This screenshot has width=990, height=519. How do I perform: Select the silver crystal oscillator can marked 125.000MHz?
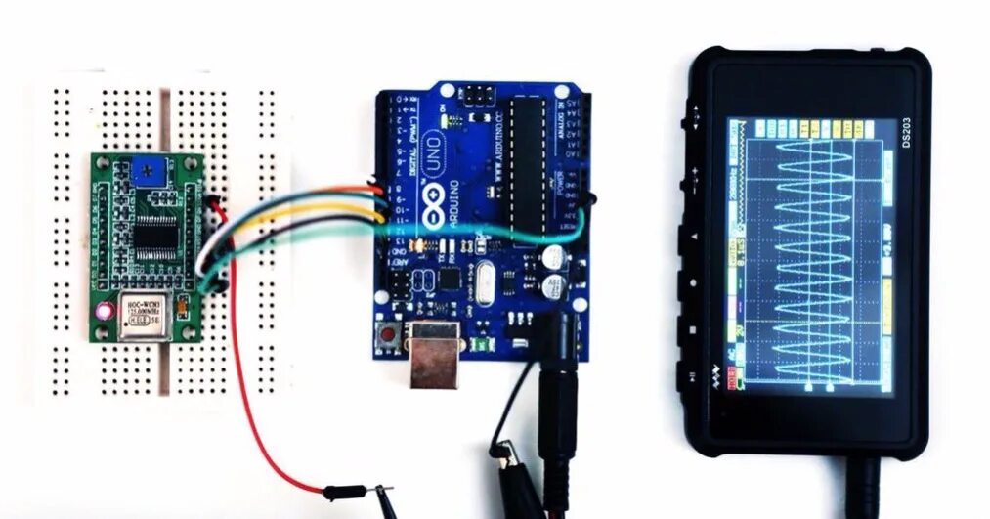[x=145, y=315]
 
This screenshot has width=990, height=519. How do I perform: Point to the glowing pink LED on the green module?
[x=102, y=313]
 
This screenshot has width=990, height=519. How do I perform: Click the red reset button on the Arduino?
[x=389, y=337]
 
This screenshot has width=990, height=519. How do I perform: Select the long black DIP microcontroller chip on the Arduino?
[x=526, y=156]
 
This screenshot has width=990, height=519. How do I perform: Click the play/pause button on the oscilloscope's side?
[x=691, y=376]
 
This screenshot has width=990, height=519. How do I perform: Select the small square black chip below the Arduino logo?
[x=449, y=278]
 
